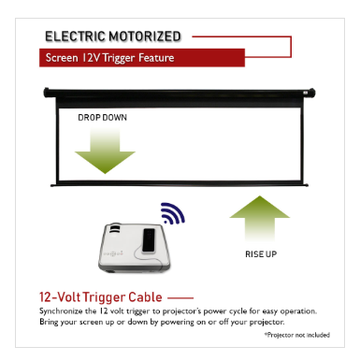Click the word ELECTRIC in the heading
click(75, 36)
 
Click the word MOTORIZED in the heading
click(144, 36)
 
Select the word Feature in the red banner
click(156, 58)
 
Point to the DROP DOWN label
click(102, 118)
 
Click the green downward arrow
click(105, 151)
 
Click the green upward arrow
click(260, 218)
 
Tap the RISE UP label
click(261, 254)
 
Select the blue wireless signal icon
click(173, 213)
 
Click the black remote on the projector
click(149, 240)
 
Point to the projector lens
click(114, 230)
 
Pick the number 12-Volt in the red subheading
click(60, 297)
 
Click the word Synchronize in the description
click(61, 311)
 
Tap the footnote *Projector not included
click(297, 335)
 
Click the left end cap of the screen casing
click(47, 93)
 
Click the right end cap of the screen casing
click(311, 93)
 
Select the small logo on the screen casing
click(306, 93)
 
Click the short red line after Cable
click(180, 298)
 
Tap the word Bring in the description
click(49, 322)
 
